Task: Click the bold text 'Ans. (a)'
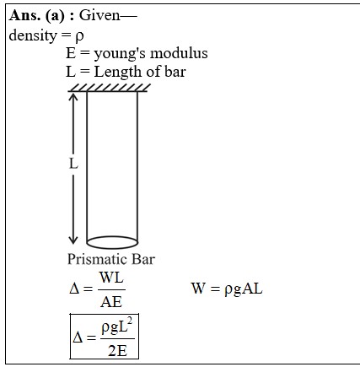(37, 16)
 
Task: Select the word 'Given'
(99, 15)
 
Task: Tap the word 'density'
(33, 35)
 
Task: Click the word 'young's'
(120, 54)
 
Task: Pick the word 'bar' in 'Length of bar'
(175, 72)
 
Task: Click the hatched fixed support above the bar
(109, 88)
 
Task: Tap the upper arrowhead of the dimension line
(73, 96)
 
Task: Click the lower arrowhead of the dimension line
(73, 240)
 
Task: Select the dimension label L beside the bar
(73, 163)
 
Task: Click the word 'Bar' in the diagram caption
(143, 259)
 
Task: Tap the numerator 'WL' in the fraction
(111, 278)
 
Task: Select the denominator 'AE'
(111, 302)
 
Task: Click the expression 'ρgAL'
(244, 289)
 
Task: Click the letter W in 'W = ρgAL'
(198, 289)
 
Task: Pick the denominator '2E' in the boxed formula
(117, 351)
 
